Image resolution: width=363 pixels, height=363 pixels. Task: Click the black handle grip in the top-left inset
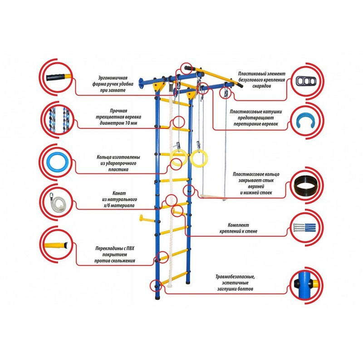(x=55, y=77)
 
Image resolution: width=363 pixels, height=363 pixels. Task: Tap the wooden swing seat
(x=213, y=197)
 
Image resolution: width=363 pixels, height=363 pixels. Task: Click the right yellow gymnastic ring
(x=199, y=158)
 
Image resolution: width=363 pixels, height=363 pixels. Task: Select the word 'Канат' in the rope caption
(x=119, y=193)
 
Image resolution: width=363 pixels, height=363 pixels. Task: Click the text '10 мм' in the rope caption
(x=131, y=123)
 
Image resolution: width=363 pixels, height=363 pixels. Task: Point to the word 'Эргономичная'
(x=113, y=78)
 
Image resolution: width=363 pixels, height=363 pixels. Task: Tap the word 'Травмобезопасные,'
(x=235, y=277)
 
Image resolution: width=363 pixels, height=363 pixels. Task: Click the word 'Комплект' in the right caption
(x=239, y=225)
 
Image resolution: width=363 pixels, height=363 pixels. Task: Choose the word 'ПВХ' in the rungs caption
(x=130, y=248)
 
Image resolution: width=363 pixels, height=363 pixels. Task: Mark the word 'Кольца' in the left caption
(x=104, y=157)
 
